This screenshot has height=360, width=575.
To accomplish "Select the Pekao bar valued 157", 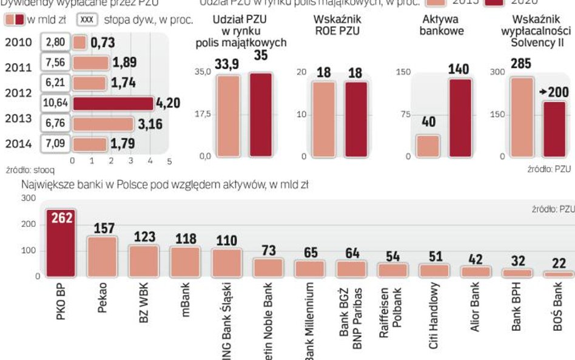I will pos(103,257).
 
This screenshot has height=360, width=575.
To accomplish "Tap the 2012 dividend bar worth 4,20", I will pos(113,103).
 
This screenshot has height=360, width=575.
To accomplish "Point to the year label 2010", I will pos(19,42).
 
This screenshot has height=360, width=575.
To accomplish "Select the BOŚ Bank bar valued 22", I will pos(559,274).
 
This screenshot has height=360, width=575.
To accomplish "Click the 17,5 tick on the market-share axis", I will pos(202,114).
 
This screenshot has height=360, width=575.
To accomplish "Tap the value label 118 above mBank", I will pos(185,239).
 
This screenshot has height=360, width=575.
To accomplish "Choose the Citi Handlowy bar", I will pos(434,271).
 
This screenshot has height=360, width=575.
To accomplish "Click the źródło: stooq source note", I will pos(22,171).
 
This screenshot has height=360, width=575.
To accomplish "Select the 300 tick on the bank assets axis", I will pos(29,198).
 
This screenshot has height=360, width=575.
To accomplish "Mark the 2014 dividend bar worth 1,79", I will pos(90,144).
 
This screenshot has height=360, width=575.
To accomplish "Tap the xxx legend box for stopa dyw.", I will pos(88,19).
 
